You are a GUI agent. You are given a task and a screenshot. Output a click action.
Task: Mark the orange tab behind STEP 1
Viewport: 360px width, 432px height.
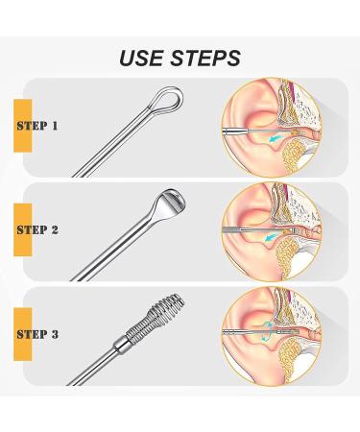pos(18,126)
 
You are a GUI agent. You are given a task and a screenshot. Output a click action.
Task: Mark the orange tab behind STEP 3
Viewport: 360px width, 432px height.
pos(18,334)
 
